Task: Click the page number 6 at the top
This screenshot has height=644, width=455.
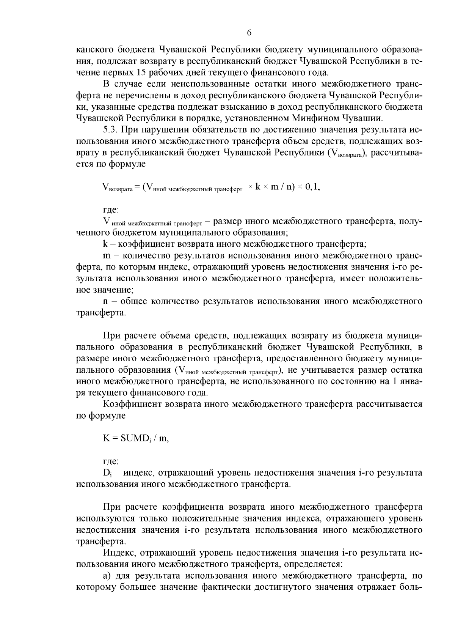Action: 249,33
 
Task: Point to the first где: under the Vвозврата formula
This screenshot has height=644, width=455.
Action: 111,209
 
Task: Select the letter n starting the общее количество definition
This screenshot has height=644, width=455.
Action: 105,302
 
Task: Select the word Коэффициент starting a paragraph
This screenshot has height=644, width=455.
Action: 129,404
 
